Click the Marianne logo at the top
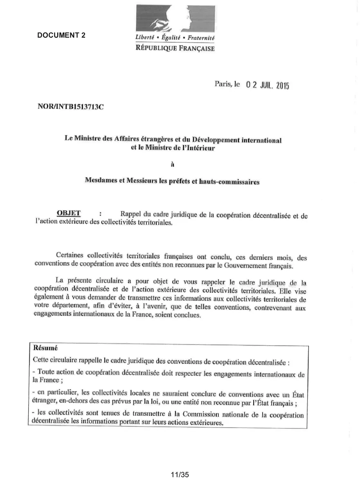(175, 19)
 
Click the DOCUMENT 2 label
(61, 35)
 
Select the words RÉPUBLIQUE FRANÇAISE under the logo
(175, 48)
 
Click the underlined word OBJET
(69, 213)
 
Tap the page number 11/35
(180, 475)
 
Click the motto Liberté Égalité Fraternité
(175, 38)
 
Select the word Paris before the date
(223, 84)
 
